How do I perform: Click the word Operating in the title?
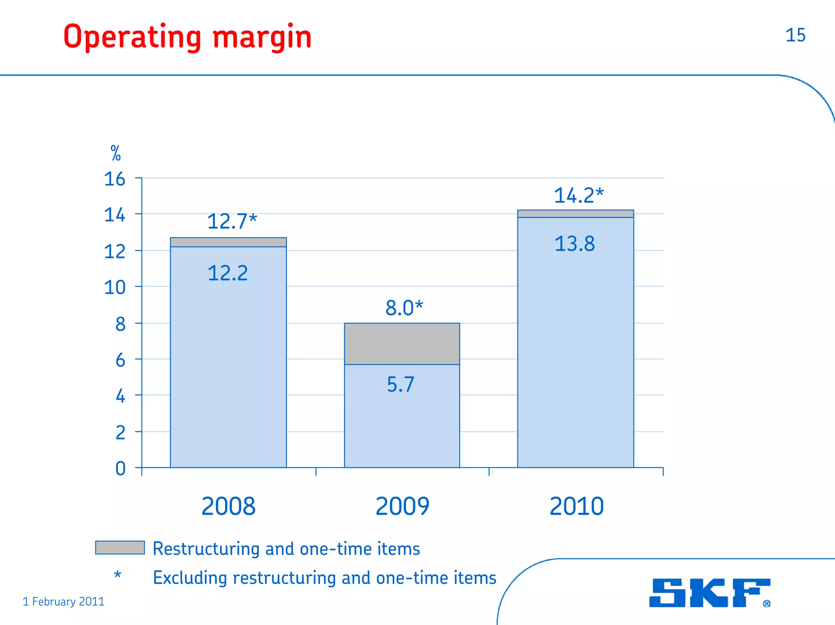pos(132,37)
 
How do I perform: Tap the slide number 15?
pos(795,35)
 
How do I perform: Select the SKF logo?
pos(709,593)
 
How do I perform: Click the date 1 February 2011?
pos(63,601)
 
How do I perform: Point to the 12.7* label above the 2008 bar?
pos(232,221)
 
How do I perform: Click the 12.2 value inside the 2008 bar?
pos(228,273)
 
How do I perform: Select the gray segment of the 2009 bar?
pos(402,343)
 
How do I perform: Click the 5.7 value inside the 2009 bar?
pos(400,384)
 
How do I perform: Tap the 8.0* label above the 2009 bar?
pos(404,308)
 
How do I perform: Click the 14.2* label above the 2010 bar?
pos(578,196)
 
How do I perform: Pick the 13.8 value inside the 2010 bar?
pos(574,244)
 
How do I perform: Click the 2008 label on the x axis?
pos(228,506)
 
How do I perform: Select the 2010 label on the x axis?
pos(576,506)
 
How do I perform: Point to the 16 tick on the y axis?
pos(115,179)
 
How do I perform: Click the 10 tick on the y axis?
pos(115,288)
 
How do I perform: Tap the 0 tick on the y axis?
pos(120,469)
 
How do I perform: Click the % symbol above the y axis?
pos(115,154)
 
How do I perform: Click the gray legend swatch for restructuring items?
pos(120,548)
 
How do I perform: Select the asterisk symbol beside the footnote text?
pos(117,574)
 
